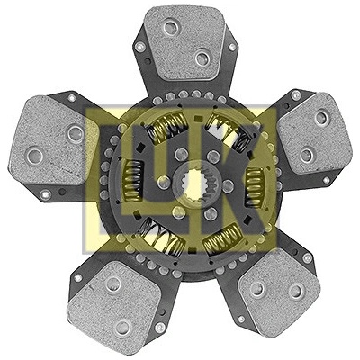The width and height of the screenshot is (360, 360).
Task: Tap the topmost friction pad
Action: click(x=184, y=42)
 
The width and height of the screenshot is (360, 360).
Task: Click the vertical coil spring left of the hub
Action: click(x=132, y=181)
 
